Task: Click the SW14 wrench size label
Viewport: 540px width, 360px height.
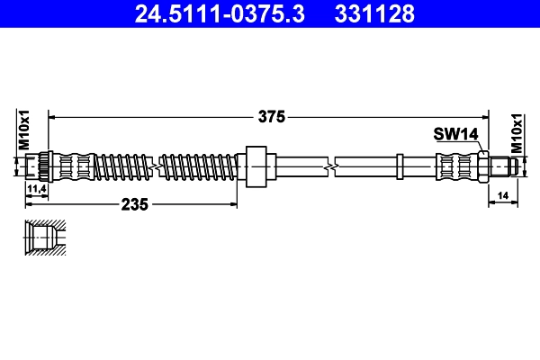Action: click(454, 134)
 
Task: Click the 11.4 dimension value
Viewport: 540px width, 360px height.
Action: click(37, 189)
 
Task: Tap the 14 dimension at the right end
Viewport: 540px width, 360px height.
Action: click(502, 195)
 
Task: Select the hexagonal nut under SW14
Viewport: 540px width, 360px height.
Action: click(482, 166)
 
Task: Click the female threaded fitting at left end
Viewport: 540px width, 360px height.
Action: click(38, 166)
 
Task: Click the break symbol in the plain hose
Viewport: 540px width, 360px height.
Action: click(333, 166)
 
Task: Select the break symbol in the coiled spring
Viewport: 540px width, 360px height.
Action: click(157, 166)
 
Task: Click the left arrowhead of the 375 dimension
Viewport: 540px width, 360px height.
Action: click(52, 116)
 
